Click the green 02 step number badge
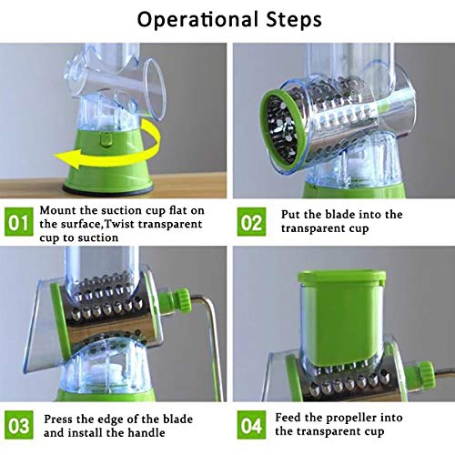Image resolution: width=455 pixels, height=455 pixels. (x=250, y=221)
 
